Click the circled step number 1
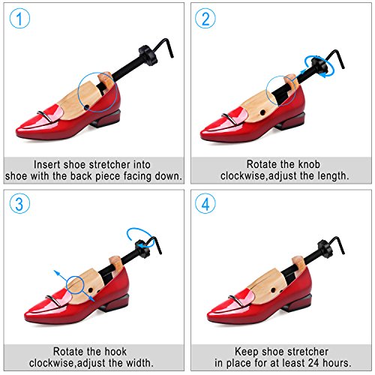tap(19, 18)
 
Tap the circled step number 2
tap(205, 18)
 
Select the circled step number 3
tap(19, 203)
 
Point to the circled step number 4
tap(205, 203)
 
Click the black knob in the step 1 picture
tap(147, 55)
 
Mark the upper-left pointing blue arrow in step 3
tap(61, 276)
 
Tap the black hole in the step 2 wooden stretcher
tap(262, 112)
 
